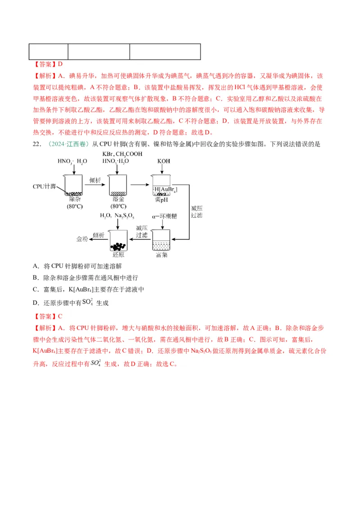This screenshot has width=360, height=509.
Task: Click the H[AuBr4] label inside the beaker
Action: [165, 190]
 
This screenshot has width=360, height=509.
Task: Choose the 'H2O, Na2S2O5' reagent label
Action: [118, 216]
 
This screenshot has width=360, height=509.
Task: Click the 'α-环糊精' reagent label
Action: [164, 216]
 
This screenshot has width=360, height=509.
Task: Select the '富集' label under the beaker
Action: [162, 255]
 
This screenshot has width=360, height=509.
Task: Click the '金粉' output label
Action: [82, 239]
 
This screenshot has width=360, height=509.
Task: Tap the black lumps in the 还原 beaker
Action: [119, 246]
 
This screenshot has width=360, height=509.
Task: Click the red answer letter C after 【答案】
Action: [60, 316]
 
